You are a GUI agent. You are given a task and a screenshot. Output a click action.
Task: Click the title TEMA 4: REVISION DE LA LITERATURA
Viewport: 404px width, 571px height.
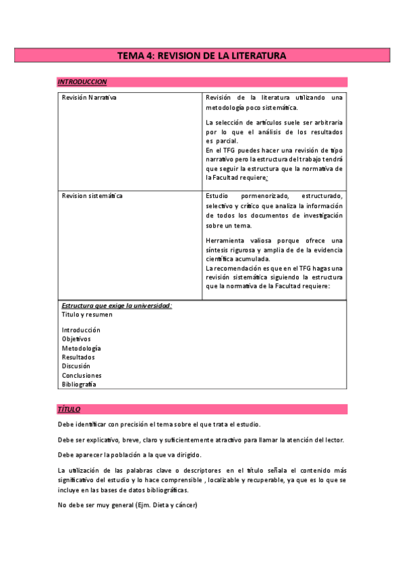tap(202, 56)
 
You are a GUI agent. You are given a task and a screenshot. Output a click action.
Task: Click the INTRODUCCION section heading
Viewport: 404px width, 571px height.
tap(82, 81)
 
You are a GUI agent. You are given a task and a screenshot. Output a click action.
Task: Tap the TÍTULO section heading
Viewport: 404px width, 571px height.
tap(69, 409)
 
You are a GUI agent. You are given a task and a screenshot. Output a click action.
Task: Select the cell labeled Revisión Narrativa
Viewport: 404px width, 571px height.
tap(89, 98)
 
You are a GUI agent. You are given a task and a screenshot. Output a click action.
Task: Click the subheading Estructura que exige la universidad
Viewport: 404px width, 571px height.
tap(116, 305)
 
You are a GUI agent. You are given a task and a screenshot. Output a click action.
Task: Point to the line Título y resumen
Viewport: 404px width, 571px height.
tap(87, 314)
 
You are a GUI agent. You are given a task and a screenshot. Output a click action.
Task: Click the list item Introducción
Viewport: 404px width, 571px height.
tap(81, 330)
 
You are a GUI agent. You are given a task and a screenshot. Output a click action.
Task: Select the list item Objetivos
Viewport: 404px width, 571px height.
tap(76, 339)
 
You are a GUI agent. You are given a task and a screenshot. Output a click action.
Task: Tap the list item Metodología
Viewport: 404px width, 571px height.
tap(81, 348)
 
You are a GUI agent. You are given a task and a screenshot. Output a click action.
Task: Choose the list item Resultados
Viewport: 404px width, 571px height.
tap(78, 357)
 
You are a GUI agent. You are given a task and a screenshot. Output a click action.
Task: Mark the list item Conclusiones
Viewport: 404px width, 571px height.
tap(82, 375)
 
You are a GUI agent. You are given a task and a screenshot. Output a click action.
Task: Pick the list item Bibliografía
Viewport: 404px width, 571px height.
tap(79, 384)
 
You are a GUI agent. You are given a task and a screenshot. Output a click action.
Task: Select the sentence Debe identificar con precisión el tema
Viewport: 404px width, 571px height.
tap(159, 424)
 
